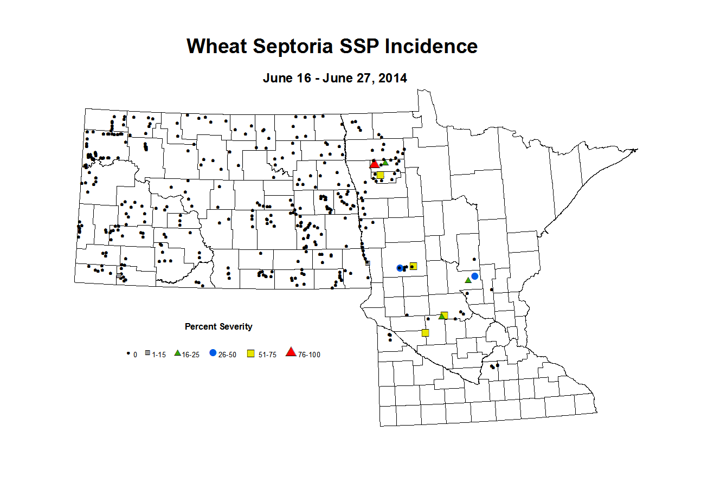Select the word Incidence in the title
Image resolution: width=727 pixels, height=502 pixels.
[431, 47]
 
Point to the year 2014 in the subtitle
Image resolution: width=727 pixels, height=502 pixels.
[393, 78]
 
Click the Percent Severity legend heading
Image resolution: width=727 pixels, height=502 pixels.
[218, 326]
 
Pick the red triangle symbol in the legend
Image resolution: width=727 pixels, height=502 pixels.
[291, 352]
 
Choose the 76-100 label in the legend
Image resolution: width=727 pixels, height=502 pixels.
[309, 355]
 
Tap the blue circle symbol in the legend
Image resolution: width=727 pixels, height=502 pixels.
[213, 353]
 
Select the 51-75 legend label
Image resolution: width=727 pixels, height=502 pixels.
[267, 355]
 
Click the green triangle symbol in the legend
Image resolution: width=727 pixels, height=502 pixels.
[177, 353]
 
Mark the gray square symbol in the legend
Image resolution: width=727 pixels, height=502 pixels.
[147, 353]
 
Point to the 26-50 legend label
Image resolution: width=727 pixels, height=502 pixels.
[227, 355]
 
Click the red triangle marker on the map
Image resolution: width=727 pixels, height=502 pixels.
[374, 164]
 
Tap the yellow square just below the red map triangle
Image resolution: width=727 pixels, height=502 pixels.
[380, 175]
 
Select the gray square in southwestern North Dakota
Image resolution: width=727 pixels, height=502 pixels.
[119, 275]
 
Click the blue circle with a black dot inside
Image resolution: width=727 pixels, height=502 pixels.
[400, 268]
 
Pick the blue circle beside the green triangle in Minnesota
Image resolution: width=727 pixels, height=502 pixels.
[475, 276]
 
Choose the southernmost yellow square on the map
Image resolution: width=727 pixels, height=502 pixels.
[426, 332]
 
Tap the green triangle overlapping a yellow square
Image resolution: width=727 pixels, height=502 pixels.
[441, 316]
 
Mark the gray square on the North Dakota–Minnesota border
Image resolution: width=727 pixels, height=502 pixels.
[368, 263]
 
